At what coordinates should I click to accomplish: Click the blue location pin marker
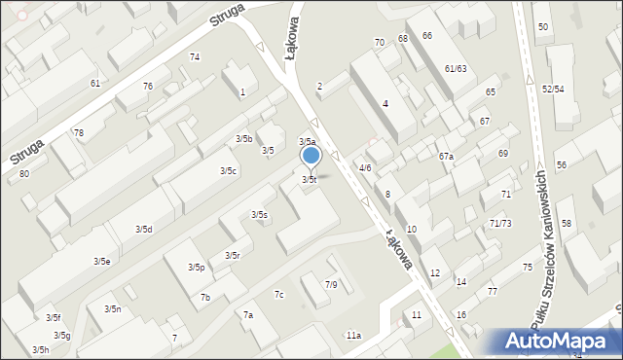pyautogui.click(x=311, y=156)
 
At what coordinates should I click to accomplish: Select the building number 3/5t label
pyautogui.click(x=309, y=179)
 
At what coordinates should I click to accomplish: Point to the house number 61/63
pyautogui.click(x=456, y=68)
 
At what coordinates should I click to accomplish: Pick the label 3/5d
pyautogui.click(x=143, y=229)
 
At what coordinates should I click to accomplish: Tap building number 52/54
pyautogui.click(x=554, y=89)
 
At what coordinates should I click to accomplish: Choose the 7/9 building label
pyautogui.click(x=331, y=284)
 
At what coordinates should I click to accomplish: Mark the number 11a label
pyautogui.click(x=353, y=335)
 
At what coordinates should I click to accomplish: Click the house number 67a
pyautogui.click(x=446, y=156)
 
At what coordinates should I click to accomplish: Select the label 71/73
pyautogui.click(x=500, y=223)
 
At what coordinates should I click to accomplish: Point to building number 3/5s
pyautogui.click(x=259, y=214)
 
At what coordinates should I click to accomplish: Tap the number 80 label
pyautogui.click(x=24, y=173)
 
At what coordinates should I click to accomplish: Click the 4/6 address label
pyautogui.click(x=365, y=167)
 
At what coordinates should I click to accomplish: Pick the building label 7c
pyautogui.click(x=279, y=294)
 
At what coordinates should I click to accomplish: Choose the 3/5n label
pyautogui.click(x=112, y=308)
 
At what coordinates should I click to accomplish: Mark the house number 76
pyautogui.click(x=148, y=86)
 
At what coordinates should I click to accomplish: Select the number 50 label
pyautogui.click(x=542, y=26)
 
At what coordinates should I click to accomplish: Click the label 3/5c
pyautogui.click(x=228, y=170)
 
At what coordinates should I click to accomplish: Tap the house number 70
pyautogui.click(x=380, y=42)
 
